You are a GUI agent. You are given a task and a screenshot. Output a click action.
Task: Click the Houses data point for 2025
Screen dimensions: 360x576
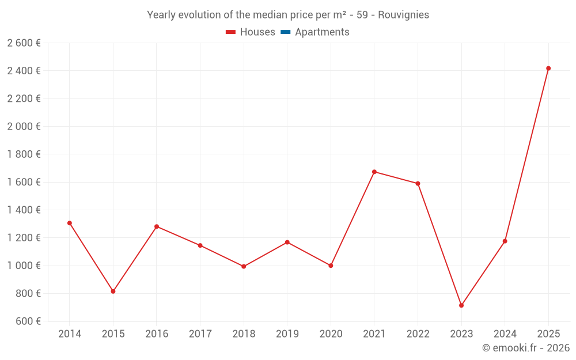pyautogui.click(x=548, y=69)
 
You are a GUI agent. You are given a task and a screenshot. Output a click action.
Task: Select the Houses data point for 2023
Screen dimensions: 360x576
pyautogui.click(x=461, y=305)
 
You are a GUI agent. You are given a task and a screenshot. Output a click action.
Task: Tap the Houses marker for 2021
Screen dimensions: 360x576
pyautogui.click(x=374, y=172)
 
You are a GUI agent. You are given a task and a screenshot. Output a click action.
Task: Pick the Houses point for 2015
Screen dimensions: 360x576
pyautogui.click(x=113, y=291)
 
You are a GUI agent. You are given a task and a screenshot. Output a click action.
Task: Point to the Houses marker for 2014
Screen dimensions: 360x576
pyautogui.click(x=70, y=223)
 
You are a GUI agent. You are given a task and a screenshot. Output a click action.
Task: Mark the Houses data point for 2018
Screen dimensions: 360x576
pyautogui.click(x=244, y=267)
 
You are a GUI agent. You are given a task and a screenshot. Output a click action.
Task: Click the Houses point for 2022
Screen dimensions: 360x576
pyautogui.click(x=418, y=184)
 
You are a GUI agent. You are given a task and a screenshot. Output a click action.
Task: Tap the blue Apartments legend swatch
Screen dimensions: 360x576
pyautogui.click(x=285, y=32)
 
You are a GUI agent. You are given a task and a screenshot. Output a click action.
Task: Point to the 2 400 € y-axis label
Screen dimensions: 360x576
pyautogui.click(x=24, y=71)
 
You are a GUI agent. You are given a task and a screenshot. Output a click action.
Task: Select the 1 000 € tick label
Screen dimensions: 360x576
pyautogui.click(x=24, y=266)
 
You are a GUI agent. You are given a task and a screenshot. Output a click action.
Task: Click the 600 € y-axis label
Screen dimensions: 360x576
pyautogui.click(x=28, y=321)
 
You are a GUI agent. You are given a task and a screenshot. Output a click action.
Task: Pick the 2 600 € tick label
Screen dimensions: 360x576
pyautogui.click(x=24, y=43)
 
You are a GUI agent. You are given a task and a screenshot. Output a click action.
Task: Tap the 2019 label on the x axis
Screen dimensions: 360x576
pyautogui.click(x=287, y=334)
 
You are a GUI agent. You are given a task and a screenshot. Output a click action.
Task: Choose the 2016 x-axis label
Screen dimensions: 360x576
pyautogui.click(x=157, y=334)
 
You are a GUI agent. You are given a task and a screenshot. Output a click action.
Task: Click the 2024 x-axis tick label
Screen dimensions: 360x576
pyautogui.click(x=505, y=334)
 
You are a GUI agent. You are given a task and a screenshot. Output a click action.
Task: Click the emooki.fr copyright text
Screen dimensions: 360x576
pyautogui.click(x=526, y=348)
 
